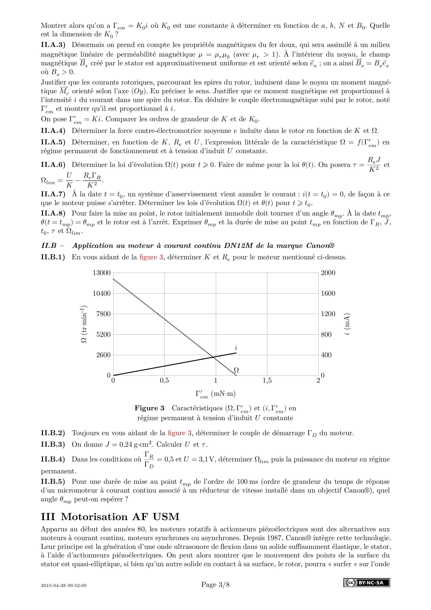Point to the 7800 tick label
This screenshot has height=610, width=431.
point(103,314)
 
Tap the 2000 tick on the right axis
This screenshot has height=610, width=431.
point(328,273)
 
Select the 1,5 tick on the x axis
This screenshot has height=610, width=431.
point(267,381)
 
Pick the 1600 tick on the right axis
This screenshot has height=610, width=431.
point(328,293)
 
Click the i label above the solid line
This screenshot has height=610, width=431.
point(236,348)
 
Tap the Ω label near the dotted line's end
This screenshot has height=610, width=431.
point(236,370)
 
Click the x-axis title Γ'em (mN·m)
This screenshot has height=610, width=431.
point(215,394)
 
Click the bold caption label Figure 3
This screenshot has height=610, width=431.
point(150,408)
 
